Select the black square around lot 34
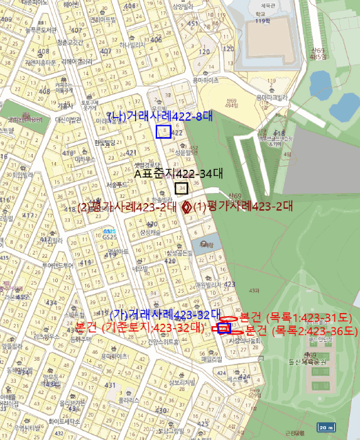pyautogui.click(x=182, y=189)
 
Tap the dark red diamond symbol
pyautogui.click(x=187, y=207)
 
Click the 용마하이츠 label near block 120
pyautogui.click(x=205, y=80)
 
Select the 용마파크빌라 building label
pyautogui.click(x=271, y=97)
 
